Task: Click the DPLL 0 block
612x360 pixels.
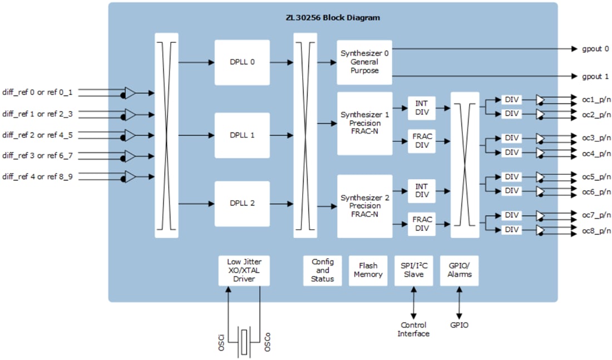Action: pyautogui.click(x=242, y=62)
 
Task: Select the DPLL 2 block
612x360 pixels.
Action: pyautogui.click(x=242, y=203)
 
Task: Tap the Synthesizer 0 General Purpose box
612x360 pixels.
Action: pyautogui.click(x=364, y=62)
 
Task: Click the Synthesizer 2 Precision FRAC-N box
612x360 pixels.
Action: pyautogui.click(x=364, y=206)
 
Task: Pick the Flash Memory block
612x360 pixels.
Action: pyautogui.click(x=368, y=270)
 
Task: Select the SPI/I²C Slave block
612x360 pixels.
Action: pyautogui.click(x=413, y=270)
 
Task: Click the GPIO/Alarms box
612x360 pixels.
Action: pyautogui.click(x=459, y=270)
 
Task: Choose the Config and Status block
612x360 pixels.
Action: pyautogui.click(x=323, y=270)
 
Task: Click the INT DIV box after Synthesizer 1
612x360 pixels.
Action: pyautogui.click(x=422, y=107)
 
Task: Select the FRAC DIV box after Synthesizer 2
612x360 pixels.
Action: pyautogui.click(x=422, y=224)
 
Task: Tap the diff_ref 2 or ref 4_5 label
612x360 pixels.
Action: pyautogui.click(x=37, y=135)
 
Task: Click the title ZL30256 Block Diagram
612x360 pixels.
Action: pyautogui.click(x=333, y=18)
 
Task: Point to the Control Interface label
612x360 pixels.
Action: pyautogui.click(x=413, y=329)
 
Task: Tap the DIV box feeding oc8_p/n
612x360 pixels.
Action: pyautogui.click(x=511, y=230)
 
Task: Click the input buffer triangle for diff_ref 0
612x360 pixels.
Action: pyautogui.click(x=130, y=93)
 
